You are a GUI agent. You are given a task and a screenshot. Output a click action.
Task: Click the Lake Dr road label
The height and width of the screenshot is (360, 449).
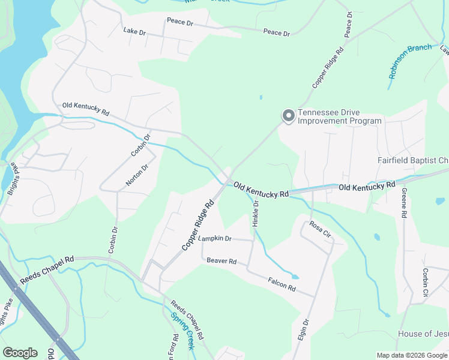(x=134, y=31)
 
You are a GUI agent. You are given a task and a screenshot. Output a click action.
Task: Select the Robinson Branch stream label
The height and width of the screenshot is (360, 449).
(x=410, y=61)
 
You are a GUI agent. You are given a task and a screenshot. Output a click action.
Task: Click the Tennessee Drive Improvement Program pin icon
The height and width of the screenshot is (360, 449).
(x=288, y=115)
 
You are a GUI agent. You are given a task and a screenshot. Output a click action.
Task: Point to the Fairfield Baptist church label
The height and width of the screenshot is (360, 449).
(x=413, y=161)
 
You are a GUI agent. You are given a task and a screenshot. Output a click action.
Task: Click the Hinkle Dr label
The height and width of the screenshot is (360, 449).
(x=256, y=214)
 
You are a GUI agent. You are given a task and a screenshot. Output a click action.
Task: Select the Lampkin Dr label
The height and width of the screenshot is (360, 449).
(x=215, y=238)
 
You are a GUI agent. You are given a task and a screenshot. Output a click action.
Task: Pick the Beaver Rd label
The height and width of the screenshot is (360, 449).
(x=221, y=261)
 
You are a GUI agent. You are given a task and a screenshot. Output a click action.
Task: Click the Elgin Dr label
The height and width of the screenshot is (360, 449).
(x=303, y=330)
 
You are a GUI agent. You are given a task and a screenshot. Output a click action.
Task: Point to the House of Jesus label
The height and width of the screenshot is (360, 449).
(x=423, y=334)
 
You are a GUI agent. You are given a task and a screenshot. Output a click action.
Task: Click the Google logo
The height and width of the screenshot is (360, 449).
(x=20, y=353)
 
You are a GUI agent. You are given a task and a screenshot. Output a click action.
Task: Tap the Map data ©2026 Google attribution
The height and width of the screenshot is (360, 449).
(x=412, y=355)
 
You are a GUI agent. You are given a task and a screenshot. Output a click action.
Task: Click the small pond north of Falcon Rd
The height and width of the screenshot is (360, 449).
(x=295, y=277)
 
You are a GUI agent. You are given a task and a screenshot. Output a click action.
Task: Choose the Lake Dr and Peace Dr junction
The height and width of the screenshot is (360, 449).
(x=166, y=27)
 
